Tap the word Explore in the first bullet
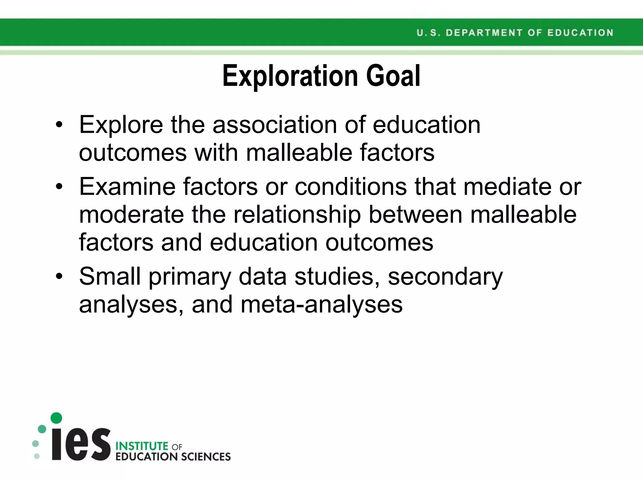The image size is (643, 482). pos(121,125)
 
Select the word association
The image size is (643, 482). pos(275,125)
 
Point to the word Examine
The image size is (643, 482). pos(127,187)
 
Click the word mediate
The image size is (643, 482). pos(507,187)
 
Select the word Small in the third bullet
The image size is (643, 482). pos(110,276)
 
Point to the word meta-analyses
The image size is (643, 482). pos(321,304)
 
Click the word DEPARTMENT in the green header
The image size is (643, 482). pos(484,33)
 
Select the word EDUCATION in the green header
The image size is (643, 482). pos(580,33)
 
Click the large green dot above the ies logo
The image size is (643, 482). pos(56,418)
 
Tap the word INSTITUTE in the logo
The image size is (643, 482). pos(142,446)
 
